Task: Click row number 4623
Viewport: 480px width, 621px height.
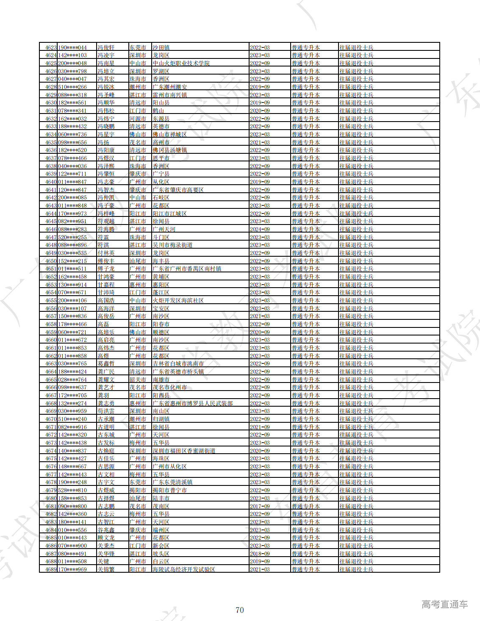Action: point(51,47)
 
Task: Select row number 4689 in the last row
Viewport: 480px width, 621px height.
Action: point(51,569)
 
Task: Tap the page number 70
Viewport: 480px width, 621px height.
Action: point(240,610)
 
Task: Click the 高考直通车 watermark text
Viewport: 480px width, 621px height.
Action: point(445,604)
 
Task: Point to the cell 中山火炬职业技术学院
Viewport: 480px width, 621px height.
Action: point(181,63)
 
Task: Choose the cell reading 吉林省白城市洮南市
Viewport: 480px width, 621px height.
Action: point(178,363)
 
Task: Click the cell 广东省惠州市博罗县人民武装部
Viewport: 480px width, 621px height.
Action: point(192,403)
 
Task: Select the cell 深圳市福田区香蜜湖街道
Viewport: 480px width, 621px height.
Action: point(184,451)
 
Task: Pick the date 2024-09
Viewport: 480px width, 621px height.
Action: point(260,229)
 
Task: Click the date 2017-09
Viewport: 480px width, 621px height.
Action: point(260,506)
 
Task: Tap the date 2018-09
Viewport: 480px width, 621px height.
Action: point(260,554)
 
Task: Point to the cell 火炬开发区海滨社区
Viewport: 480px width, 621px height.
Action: point(178,300)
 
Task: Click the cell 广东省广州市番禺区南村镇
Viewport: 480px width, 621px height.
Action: point(187,269)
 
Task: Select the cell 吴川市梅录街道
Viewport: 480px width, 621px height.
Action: point(172,245)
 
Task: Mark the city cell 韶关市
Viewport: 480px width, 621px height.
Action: point(138,380)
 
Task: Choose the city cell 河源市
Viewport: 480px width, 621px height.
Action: point(138,119)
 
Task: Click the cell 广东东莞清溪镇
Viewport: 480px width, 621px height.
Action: point(172,482)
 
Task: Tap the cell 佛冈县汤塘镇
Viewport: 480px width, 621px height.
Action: point(169,150)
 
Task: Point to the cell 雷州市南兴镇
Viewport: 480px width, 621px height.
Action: point(169,95)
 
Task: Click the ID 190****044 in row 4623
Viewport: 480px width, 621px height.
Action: point(72,47)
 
